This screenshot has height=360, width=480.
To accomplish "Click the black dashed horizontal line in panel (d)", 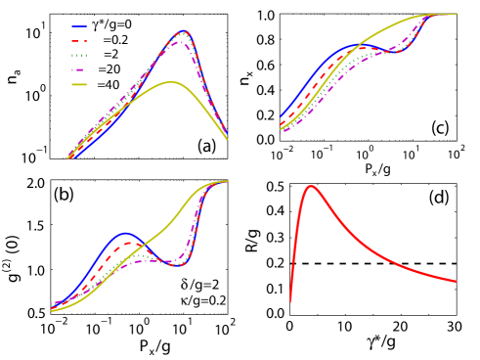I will [x=391, y=263].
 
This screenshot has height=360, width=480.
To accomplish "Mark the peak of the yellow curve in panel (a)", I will [x=172, y=82].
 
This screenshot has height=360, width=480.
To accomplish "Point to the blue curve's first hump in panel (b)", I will [x=124, y=234].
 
